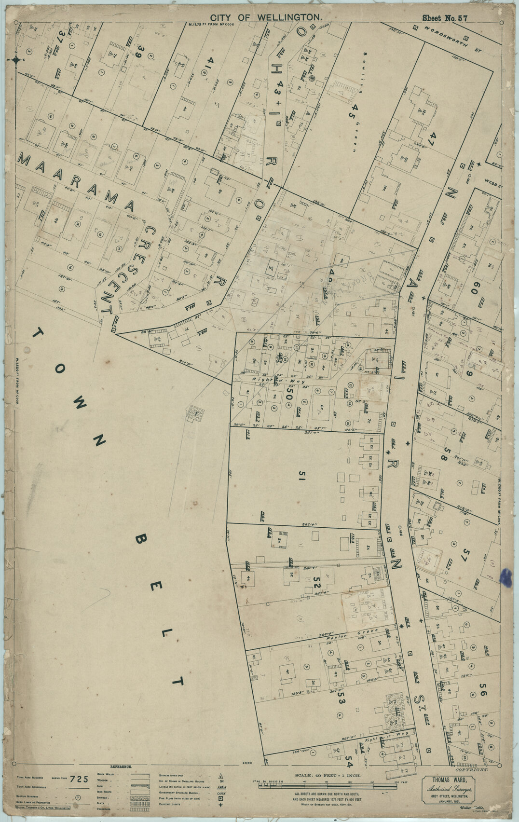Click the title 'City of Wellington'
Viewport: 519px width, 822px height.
click(x=266, y=17)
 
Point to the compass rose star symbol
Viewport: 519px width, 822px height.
click(x=17, y=60)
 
